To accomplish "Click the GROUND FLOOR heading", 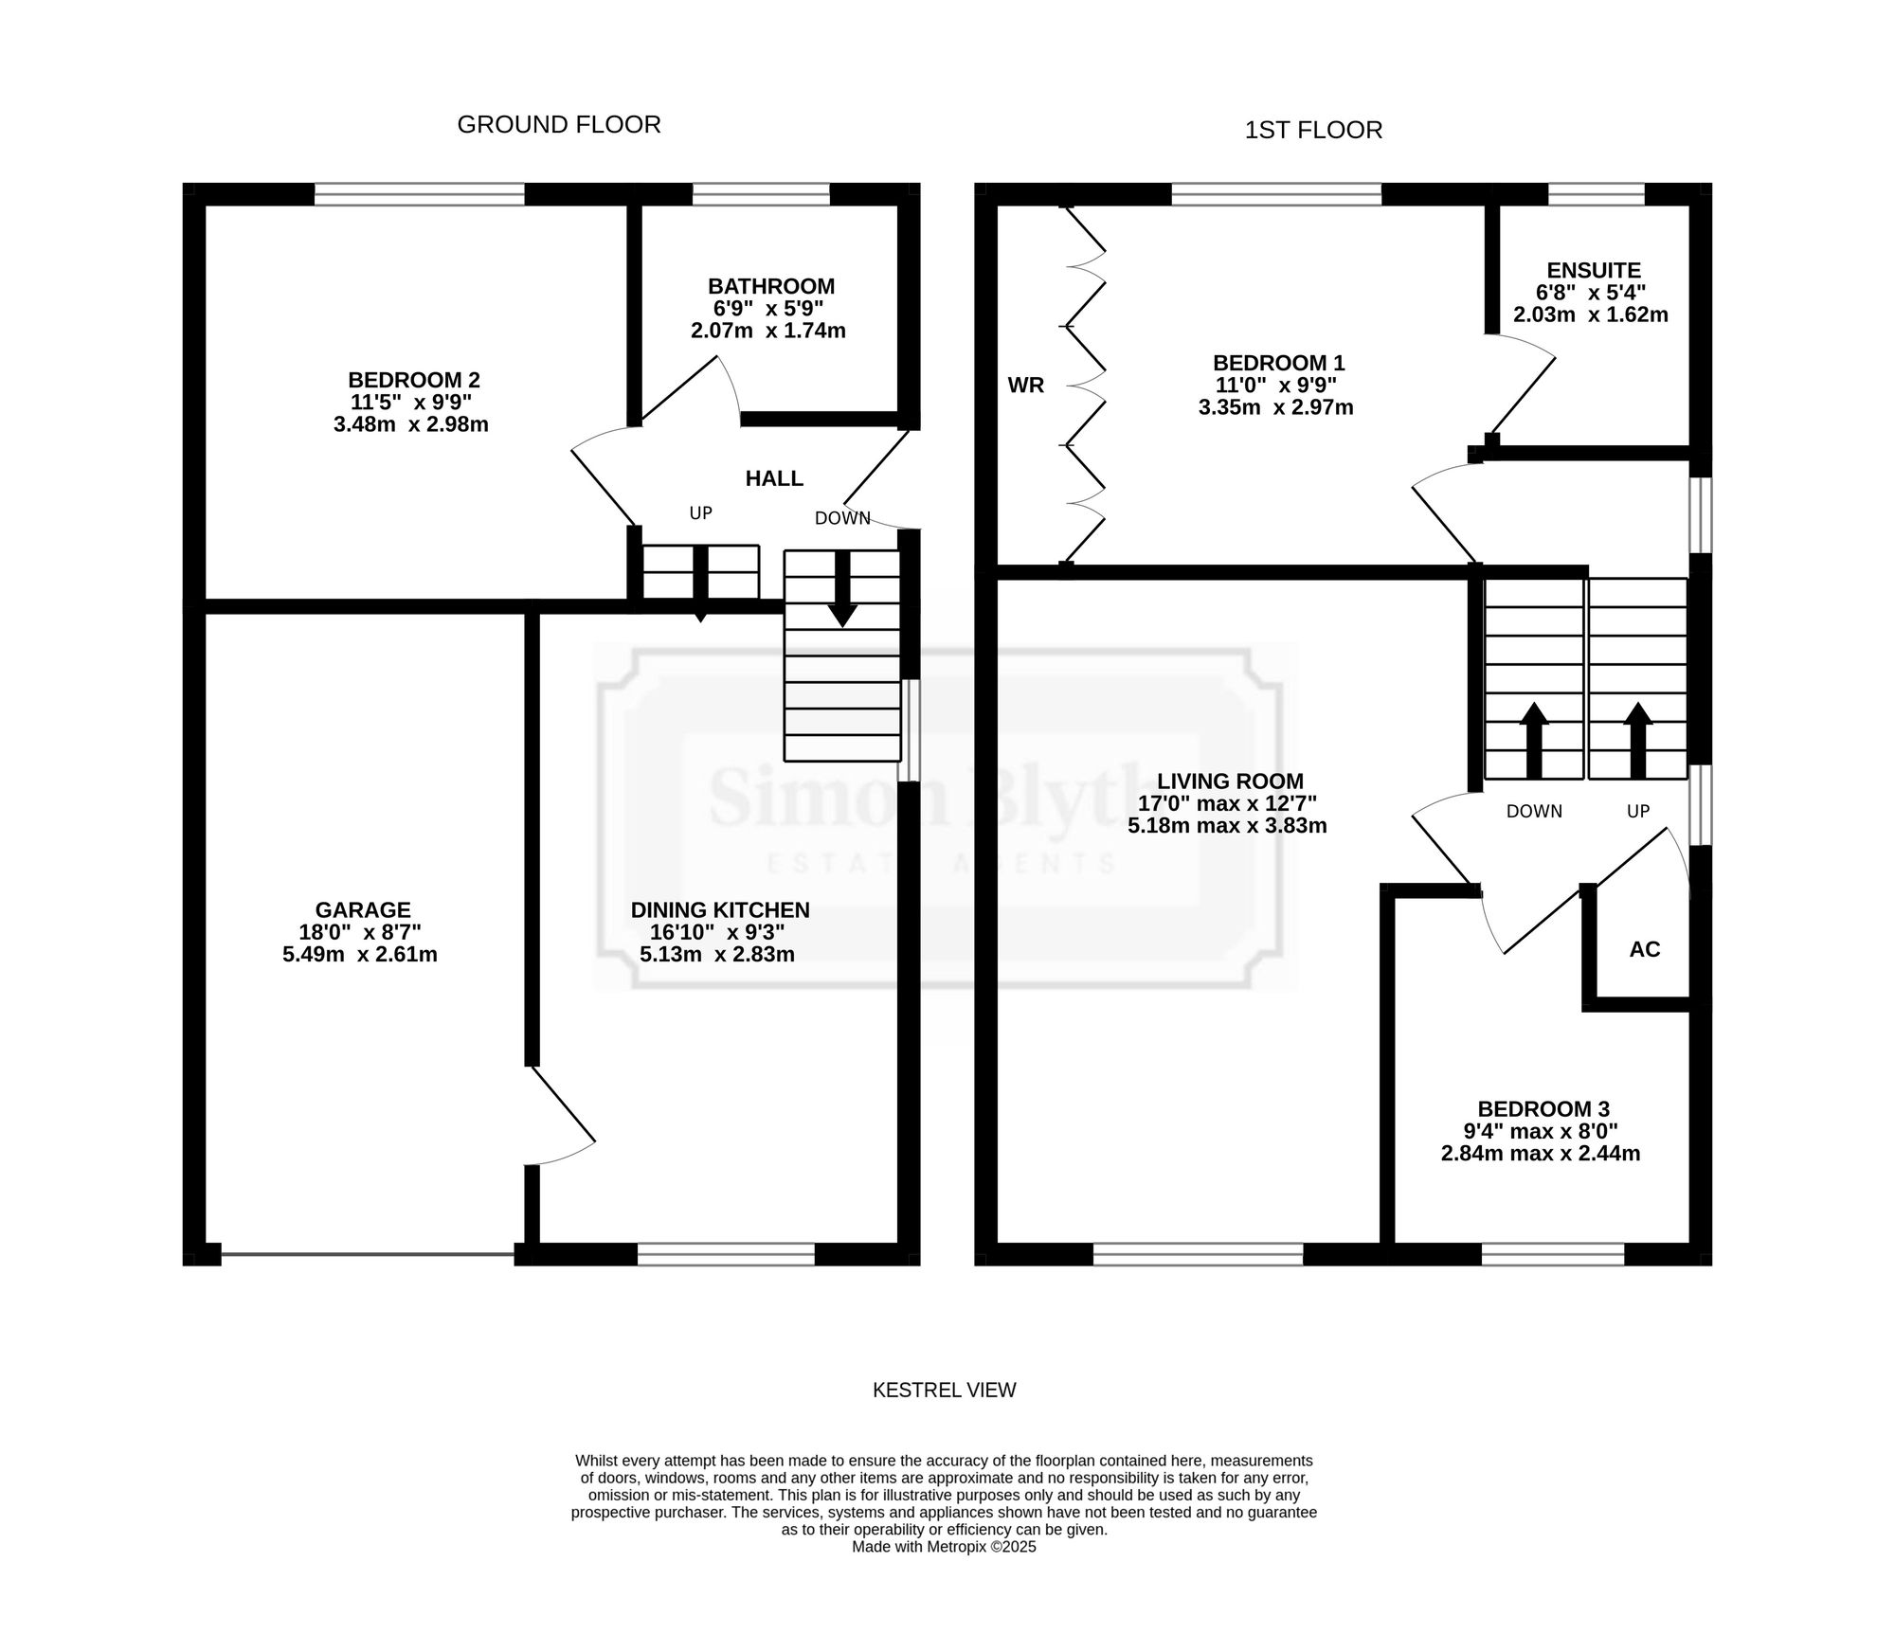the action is coord(559,125).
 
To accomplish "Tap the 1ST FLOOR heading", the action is coord(1313,130).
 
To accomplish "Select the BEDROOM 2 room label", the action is coord(414,380).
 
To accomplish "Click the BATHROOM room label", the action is coord(771,286).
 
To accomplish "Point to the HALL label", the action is coord(774,478).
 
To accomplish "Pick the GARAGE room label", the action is coord(363,910).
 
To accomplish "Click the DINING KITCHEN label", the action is coord(720,910).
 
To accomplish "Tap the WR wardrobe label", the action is coord(1026,386).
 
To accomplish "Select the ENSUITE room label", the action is coord(1594,271).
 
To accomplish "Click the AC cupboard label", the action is coord(1645,949).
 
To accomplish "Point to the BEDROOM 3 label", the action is coord(1543,1108).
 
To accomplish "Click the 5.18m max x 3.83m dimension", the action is coord(1227,825).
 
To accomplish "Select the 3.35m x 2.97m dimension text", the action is coord(1275,407).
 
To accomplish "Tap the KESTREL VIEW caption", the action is coord(944,1390).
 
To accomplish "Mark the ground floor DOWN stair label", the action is coord(842,518).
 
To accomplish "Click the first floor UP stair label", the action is coord(1638,811).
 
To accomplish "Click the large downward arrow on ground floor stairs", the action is coord(842,588).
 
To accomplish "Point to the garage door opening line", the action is coord(368,1255).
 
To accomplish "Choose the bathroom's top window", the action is coord(761,194).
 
